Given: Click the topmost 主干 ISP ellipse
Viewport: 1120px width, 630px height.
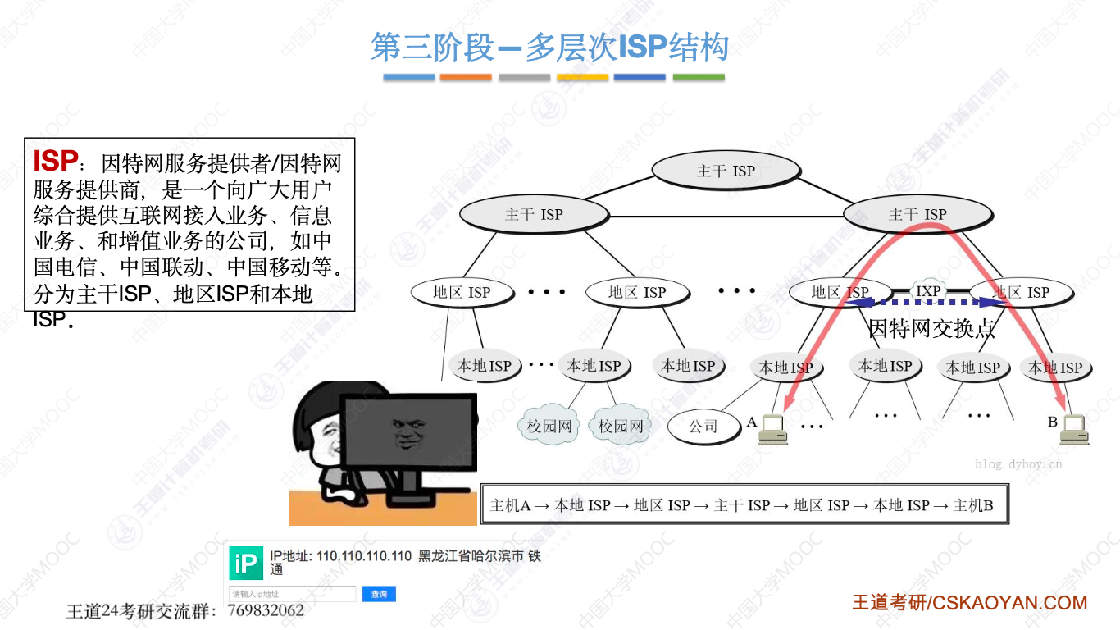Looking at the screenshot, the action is [726, 171].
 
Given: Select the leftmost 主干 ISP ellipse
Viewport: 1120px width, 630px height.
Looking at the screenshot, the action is [534, 214].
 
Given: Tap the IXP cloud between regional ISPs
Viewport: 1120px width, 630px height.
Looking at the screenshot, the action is [928, 291].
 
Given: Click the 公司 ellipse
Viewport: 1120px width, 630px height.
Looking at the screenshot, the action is [703, 426].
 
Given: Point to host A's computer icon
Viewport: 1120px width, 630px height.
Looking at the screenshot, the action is [772, 429].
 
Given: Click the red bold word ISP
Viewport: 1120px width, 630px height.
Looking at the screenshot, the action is [56, 161].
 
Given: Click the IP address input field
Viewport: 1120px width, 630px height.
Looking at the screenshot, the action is [293, 593].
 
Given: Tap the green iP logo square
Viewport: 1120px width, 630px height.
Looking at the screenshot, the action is [246, 564].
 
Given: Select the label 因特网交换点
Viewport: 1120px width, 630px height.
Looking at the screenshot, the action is [931, 329].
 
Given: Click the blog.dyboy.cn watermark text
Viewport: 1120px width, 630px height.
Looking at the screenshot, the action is [1018, 463].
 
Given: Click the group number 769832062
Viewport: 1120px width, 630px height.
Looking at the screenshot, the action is [266, 610].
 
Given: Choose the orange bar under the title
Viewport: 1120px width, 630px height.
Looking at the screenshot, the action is [466, 77].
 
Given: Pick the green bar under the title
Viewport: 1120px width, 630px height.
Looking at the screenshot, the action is [699, 77].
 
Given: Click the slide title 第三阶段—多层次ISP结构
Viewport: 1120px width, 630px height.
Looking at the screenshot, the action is [550, 48].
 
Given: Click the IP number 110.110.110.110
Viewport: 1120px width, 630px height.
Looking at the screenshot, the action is [364, 556].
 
